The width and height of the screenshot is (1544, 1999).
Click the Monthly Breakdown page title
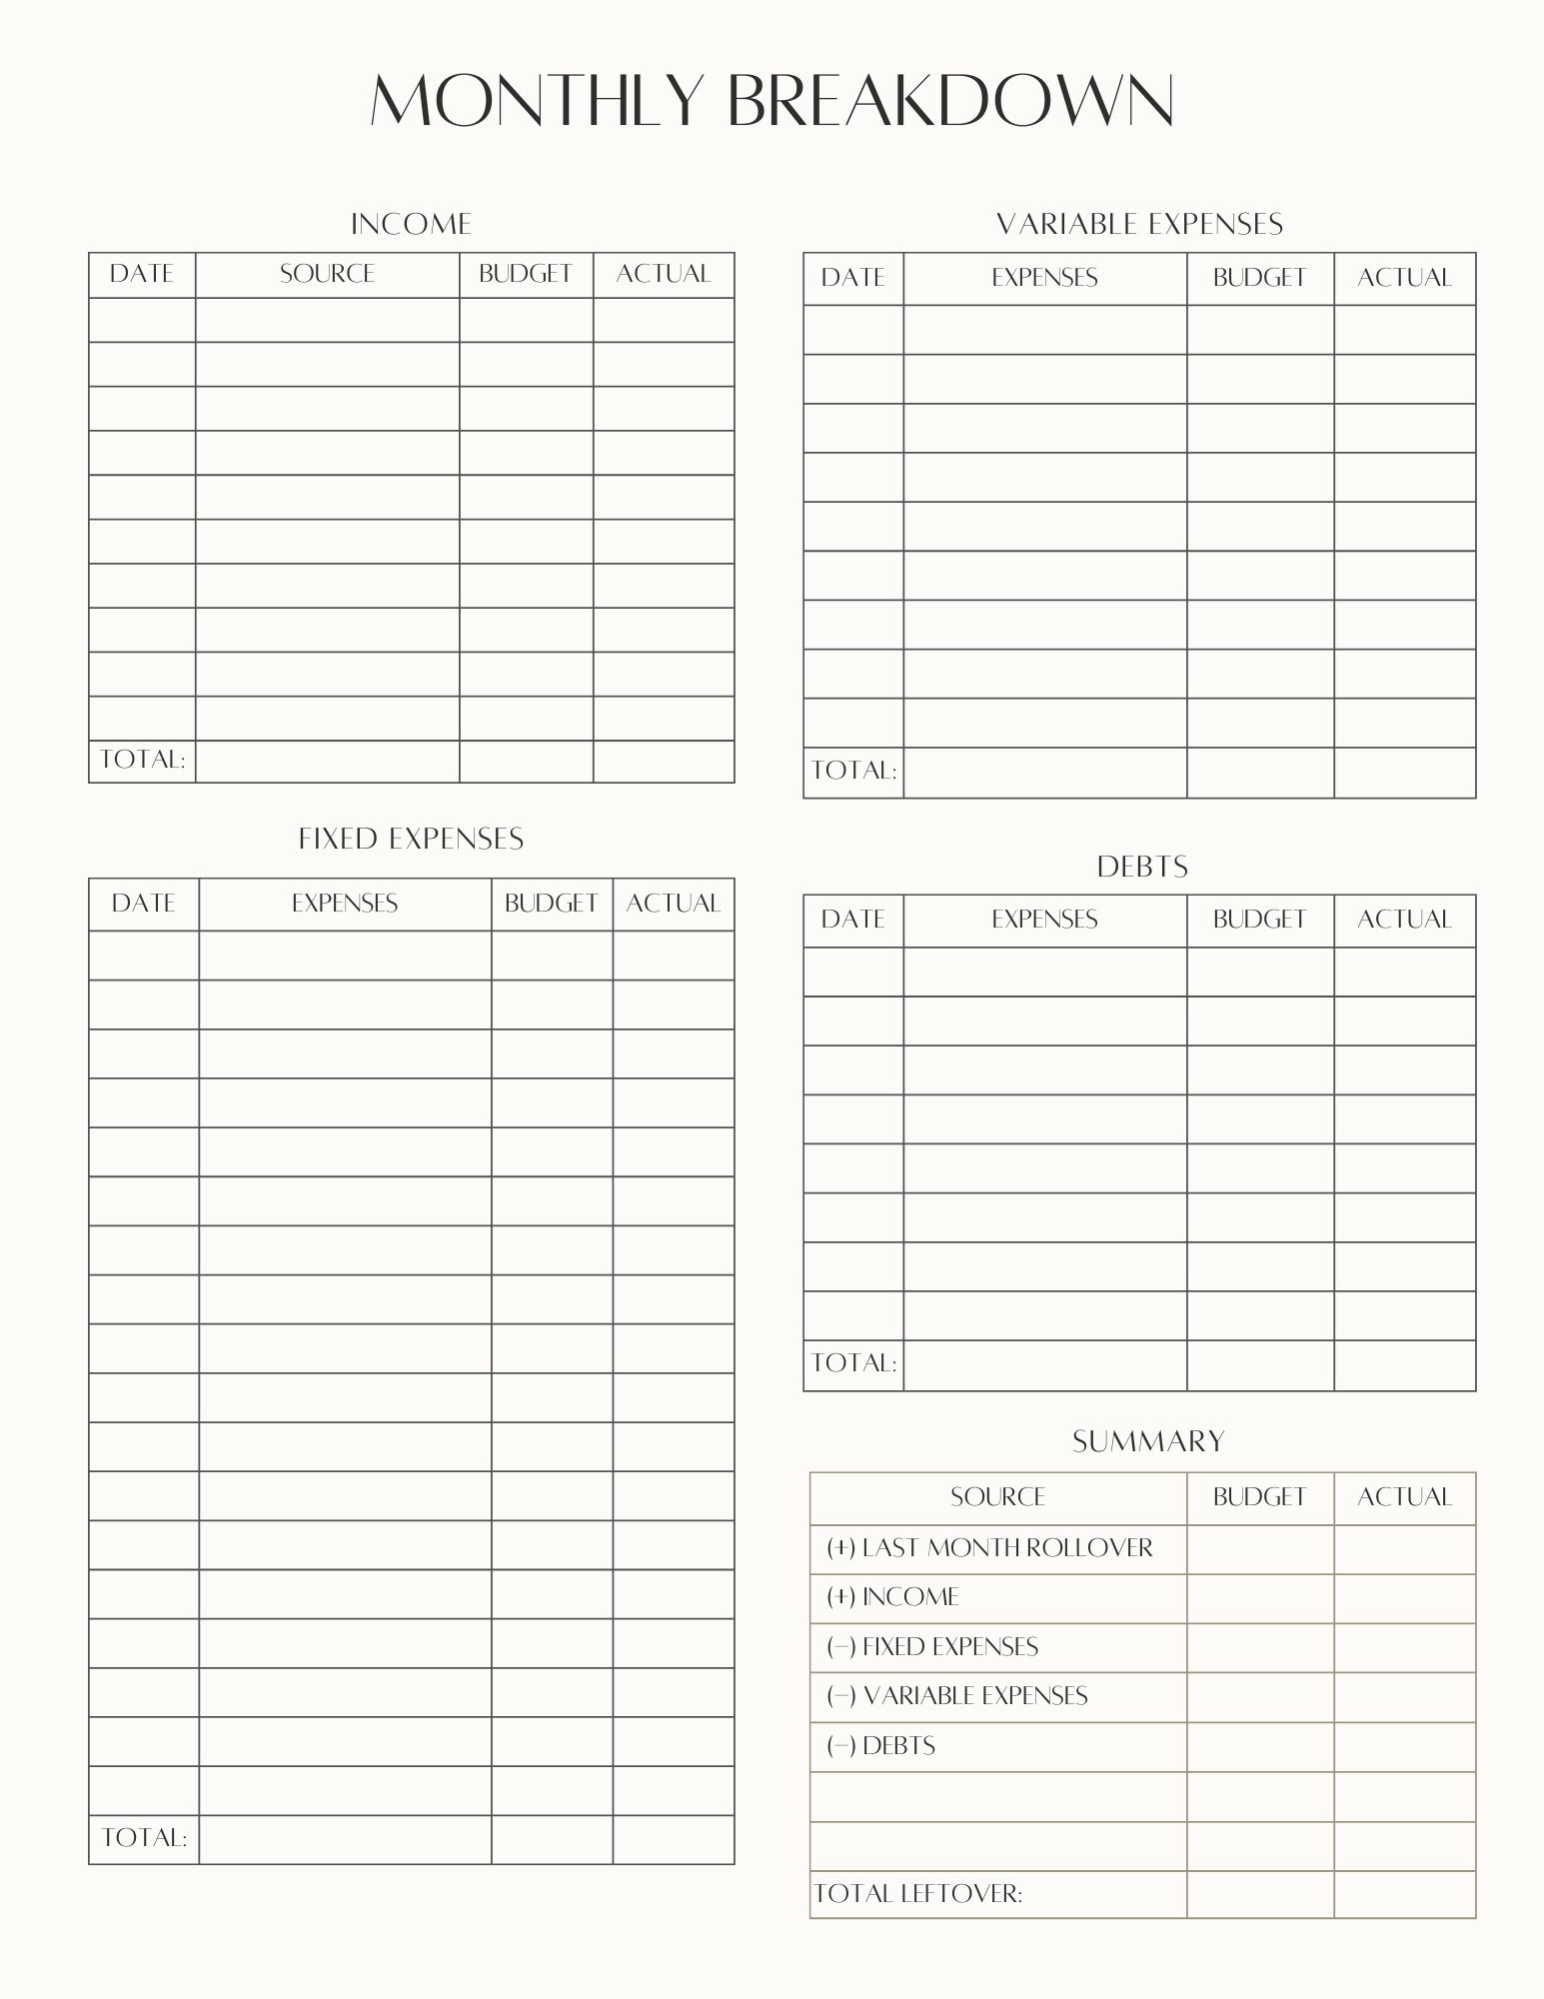772,100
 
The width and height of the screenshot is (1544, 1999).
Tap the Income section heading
411,224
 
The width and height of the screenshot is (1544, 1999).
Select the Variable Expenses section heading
1139,224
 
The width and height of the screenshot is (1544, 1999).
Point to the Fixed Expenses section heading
411,839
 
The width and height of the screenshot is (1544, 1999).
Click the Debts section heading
1141,867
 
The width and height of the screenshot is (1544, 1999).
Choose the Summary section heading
1148,1441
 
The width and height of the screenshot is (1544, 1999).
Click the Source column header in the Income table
327,274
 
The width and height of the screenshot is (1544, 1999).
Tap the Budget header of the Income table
526,274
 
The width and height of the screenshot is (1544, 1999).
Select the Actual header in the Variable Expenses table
1404,278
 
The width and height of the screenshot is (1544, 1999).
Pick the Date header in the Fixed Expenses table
144,904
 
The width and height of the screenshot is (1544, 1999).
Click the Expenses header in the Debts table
1044,920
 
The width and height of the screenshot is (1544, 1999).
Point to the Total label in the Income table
142,760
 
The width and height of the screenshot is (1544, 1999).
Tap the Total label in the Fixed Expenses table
144,1838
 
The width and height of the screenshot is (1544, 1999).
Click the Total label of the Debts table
853,1363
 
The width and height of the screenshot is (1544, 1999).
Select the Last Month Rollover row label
989,1548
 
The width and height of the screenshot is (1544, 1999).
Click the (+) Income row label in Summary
892,1597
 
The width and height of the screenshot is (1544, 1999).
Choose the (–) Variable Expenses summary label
957,1696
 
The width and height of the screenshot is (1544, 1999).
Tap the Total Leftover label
918,1893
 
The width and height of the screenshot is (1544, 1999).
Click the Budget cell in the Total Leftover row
1259,1893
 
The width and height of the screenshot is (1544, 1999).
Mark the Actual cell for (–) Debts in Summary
1404,1746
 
